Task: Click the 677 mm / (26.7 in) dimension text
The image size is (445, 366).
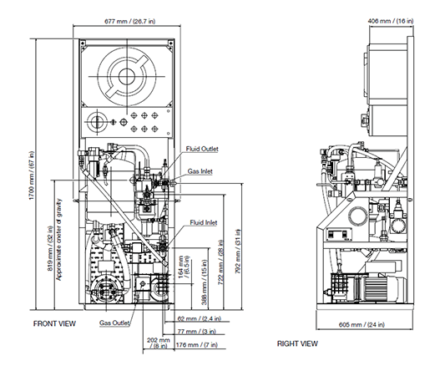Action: [130, 21]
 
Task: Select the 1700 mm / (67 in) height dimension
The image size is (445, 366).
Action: [31, 175]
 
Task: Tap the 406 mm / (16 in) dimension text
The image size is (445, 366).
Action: [391, 21]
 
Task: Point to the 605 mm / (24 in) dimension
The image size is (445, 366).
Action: [362, 324]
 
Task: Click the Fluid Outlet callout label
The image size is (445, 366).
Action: [202, 149]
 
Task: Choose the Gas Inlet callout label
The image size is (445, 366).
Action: [200, 171]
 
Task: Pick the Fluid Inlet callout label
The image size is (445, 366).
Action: [204, 222]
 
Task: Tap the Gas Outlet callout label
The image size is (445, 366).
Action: [114, 323]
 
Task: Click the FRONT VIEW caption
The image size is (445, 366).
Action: [54, 323]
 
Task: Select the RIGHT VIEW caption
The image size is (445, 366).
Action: [297, 343]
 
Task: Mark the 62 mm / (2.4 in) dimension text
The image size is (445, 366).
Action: [200, 318]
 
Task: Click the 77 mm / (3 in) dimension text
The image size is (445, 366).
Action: [197, 332]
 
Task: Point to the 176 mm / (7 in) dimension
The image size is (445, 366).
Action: [197, 345]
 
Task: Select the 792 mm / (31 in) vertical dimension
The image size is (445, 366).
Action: [238, 251]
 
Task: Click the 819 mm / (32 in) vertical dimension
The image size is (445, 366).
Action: [50, 248]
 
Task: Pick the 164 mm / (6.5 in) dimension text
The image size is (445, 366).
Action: [184, 266]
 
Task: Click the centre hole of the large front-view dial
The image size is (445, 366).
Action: [127, 76]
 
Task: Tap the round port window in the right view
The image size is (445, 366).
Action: [358, 216]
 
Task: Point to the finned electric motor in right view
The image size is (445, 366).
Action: [383, 289]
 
